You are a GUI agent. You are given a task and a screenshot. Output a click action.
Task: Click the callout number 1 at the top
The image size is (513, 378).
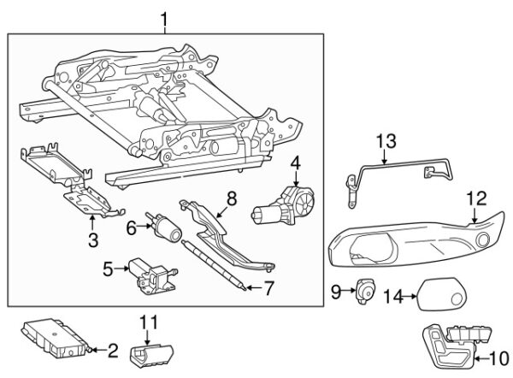point(165,16)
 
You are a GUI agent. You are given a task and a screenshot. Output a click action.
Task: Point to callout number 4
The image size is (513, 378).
point(295,162)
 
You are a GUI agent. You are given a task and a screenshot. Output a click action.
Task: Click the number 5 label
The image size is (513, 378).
point(108,269)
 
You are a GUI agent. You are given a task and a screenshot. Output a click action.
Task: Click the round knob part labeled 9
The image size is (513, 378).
point(367,292)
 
